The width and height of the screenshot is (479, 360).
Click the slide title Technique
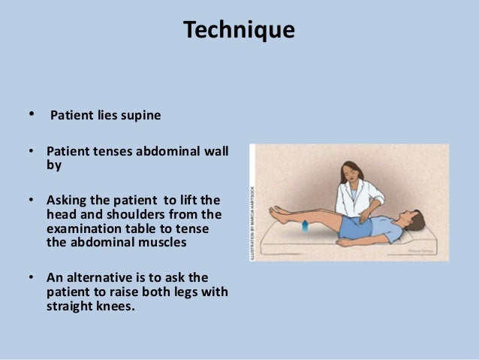(x=239, y=30)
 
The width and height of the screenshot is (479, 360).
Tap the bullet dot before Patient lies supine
(x=32, y=115)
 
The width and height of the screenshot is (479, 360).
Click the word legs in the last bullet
(x=199, y=291)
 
